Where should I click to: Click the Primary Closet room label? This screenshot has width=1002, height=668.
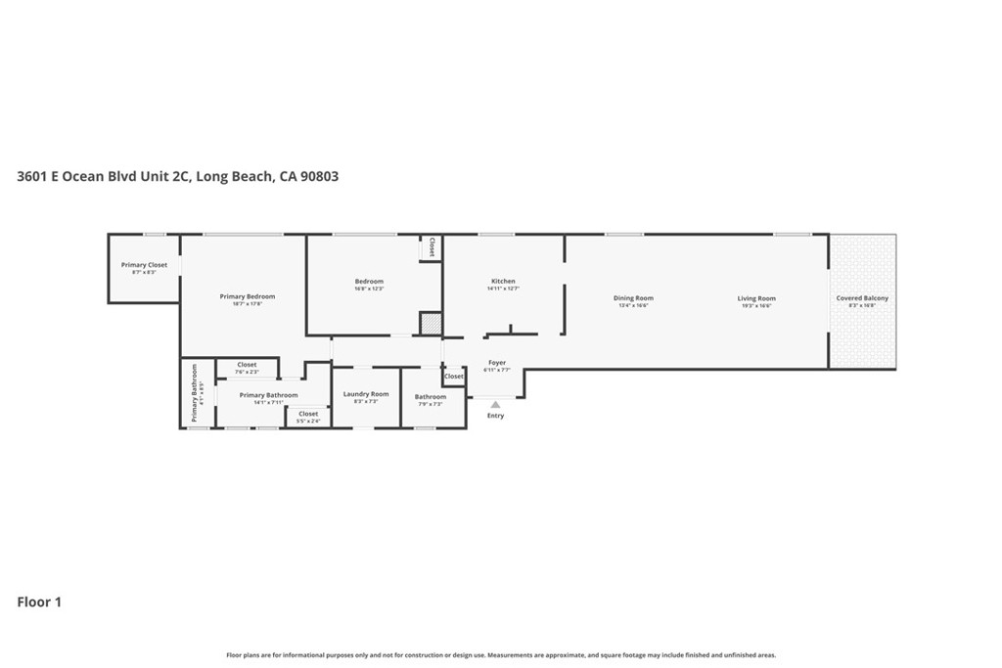coord(144,265)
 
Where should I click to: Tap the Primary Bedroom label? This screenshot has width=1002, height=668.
coord(247,296)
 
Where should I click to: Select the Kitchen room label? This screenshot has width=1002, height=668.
coord(503,282)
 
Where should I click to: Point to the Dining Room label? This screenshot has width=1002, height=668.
coord(633,298)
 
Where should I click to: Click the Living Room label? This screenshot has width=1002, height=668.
coord(756,298)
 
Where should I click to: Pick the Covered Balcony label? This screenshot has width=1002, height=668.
coord(862,298)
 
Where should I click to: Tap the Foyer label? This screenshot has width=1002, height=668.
coord(497,363)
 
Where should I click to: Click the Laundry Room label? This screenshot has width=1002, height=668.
coord(365,394)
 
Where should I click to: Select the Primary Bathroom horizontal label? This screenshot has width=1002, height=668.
coord(268,395)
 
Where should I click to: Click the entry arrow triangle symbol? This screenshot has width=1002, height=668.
coord(495,403)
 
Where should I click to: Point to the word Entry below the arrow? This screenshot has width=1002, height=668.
coord(495,416)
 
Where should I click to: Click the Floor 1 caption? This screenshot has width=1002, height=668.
coord(39,602)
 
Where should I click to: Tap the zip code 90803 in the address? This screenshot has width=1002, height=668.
coord(321,177)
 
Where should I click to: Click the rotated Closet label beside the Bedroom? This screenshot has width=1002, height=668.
coord(432,247)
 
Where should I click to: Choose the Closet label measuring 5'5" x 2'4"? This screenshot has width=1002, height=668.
coord(308,414)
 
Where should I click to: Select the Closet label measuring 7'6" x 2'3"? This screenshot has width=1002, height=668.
coord(247,365)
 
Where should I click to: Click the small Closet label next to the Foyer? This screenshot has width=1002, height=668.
coord(454,377)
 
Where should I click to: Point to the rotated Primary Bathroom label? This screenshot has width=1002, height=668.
coord(195,393)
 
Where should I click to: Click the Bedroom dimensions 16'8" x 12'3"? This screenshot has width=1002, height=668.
coord(369,289)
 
